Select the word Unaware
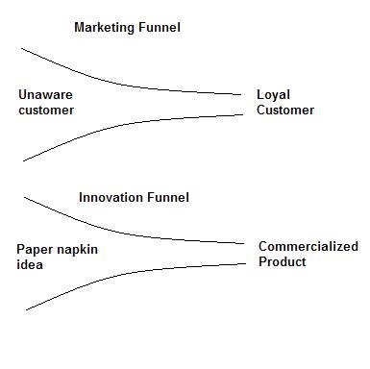pyautogui.click(x=45, y=95)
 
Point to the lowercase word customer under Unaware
pyautogui.click(x=46, y=111)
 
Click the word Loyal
pyautogui.click(x=274, y=95)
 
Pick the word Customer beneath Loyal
pyautogui.click(x=285, y=111)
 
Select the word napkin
pyautogui.click(x=77, y=250)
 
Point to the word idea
pyautogui.click(x=30, y=265)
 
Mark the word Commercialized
pyautogui.click(x=308, y=247)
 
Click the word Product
pyautogui.click(x=283, y=261)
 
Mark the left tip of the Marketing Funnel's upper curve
pyautogui.click(x=21, y=46)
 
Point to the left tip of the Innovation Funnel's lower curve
pyautogui.click(x=26, y=309)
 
